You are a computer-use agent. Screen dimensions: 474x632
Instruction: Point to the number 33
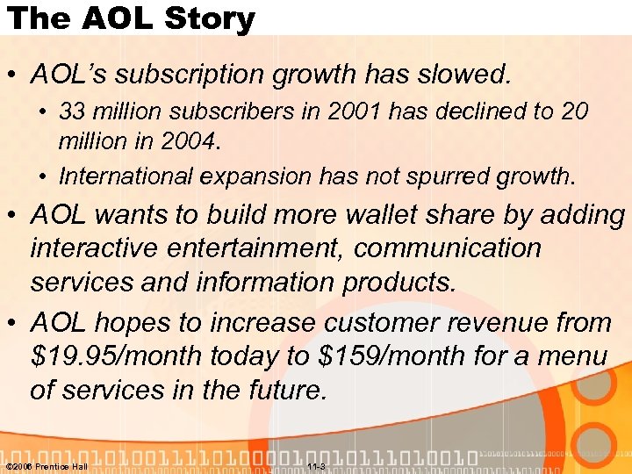[71, 112]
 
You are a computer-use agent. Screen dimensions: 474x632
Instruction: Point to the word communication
[448, 248]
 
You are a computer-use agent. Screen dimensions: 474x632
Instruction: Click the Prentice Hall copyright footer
[46, 466]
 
